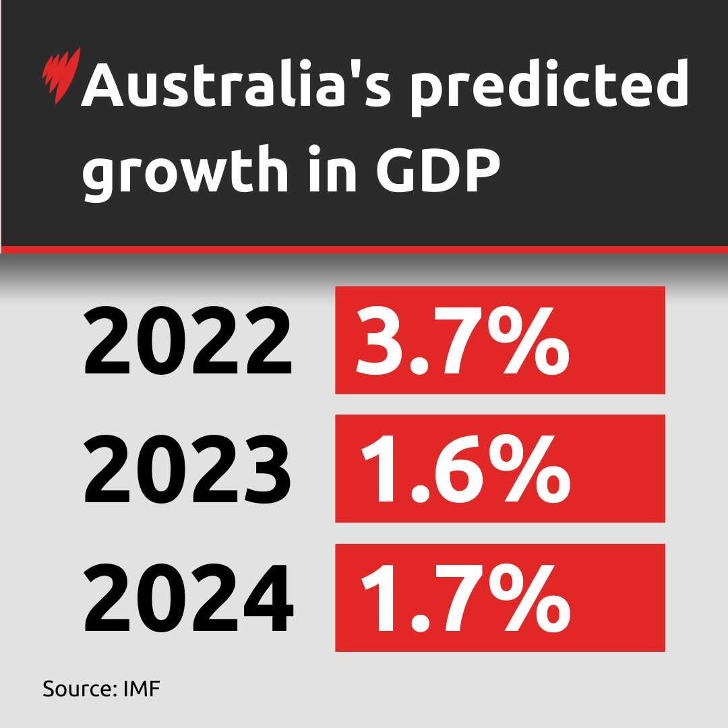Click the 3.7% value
pyautogui.click(x=462, y=340)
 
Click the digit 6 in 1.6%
pyautogui.click(x=448, y=468)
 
